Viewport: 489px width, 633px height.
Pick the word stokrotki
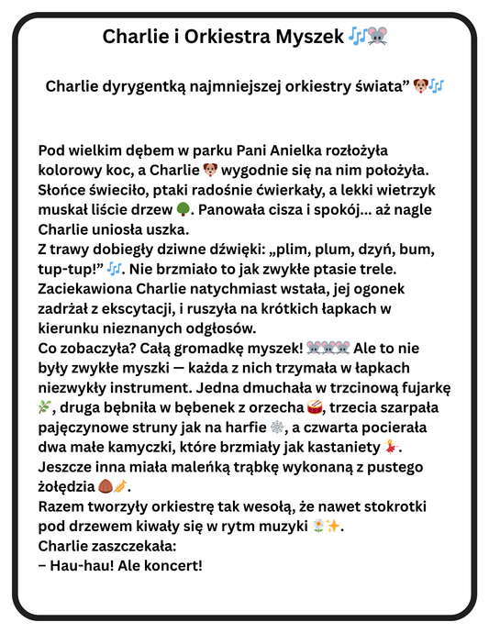(397, 506)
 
